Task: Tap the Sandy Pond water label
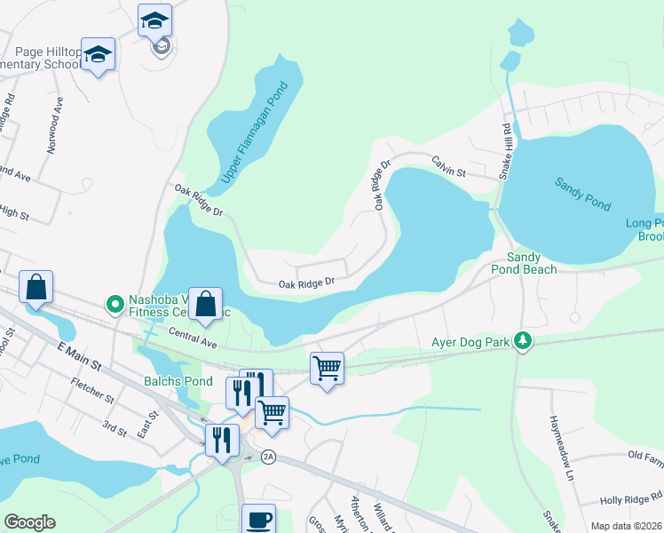583,194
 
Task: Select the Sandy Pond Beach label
532,262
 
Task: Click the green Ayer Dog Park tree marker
524,341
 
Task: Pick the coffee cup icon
259,520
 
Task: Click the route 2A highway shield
269,457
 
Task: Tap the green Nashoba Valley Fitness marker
115,305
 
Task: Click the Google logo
30,522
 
